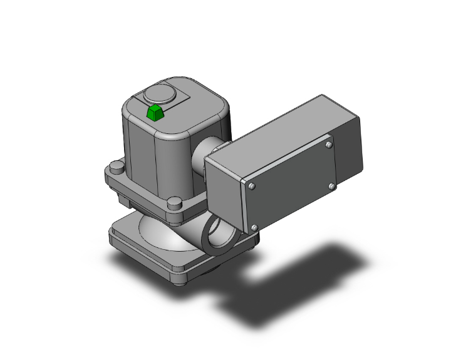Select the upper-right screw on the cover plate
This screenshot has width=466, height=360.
(329, 145)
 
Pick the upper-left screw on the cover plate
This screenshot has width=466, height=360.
(252, 187)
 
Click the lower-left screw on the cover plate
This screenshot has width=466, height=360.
(254, 227)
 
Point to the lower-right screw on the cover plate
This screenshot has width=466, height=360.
(331, 186)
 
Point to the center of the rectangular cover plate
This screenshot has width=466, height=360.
(291, 186)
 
